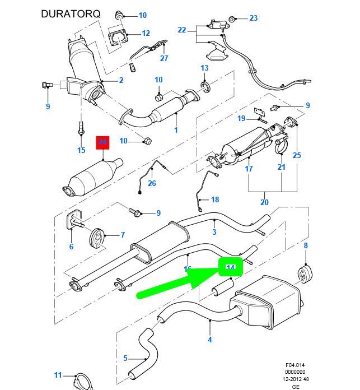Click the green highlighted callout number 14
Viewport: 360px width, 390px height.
pos(230,268)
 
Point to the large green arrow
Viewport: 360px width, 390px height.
pos(179,284)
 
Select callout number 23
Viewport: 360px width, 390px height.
pos(254,18)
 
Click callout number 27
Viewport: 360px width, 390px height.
pos(164,58)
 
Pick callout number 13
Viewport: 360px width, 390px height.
pos(204,68)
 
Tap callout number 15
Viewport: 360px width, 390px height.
pos(81,150)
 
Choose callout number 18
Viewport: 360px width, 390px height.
pos(215,200)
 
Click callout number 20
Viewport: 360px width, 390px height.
pos(264,202)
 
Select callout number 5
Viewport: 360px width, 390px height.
pos(125,358)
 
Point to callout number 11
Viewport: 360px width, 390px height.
pos(58,375)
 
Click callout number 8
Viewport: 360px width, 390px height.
pos(306,245)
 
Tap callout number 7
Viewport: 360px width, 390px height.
pos(123,235)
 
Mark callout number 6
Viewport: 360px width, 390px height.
pos(71,247)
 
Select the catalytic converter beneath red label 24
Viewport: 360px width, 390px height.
pos(92,178)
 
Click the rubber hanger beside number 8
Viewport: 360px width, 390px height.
pos(305,276)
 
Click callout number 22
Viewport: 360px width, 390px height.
pos(181,30)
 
